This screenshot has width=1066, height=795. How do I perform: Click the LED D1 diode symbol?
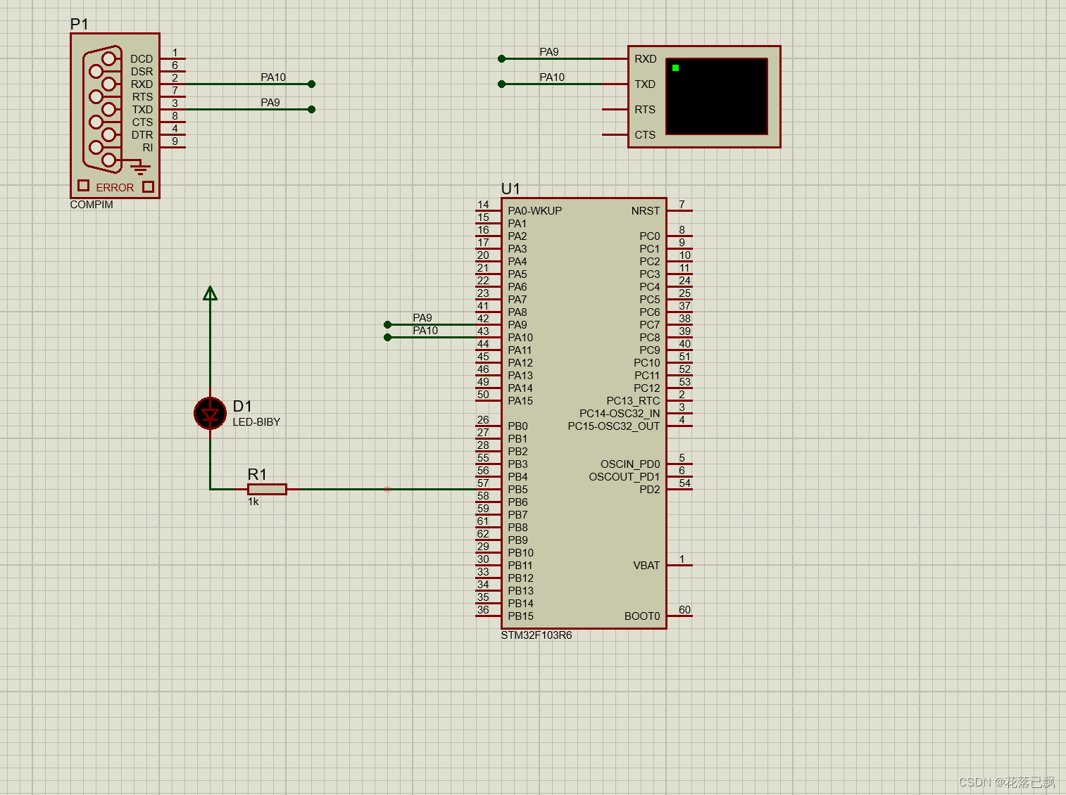210,414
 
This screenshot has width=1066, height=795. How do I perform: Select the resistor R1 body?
267,489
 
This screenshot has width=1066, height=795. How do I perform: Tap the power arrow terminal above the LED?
210,293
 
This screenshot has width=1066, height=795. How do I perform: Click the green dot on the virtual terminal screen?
675,68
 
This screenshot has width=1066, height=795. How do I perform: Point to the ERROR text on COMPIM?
115,188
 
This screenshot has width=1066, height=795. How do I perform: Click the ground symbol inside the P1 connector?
141,167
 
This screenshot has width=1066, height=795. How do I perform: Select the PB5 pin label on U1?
518,490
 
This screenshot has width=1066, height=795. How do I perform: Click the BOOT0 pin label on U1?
641,616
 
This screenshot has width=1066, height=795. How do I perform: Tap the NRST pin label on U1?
645,211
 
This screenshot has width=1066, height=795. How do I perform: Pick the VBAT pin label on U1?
646,566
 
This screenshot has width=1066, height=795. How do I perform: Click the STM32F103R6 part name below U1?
536,635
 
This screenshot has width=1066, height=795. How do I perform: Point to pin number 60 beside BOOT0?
684,610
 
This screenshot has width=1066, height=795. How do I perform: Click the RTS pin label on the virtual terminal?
644,110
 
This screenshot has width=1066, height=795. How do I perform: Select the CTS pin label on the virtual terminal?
644,135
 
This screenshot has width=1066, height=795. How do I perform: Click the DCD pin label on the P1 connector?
141,59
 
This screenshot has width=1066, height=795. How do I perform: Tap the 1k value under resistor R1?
253,502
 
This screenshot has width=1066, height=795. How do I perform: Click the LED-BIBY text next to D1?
256,422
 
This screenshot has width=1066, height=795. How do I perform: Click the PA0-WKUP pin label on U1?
534,211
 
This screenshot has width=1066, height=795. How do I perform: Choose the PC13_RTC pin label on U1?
633,401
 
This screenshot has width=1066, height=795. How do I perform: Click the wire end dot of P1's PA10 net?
311,84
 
